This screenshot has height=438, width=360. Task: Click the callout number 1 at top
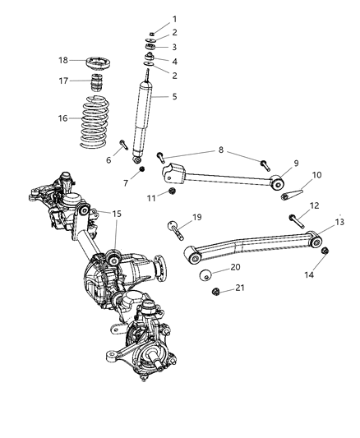pyautogui.click(x=173, y=19)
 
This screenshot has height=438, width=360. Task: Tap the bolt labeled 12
pyautogui.click(x=297, y=219)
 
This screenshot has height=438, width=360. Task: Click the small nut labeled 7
pyautogui.click(x=142, y=169)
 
